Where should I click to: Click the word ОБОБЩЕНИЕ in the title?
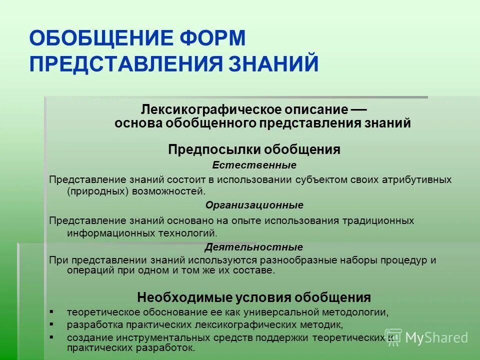(96, 38)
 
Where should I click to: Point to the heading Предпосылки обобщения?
(254, 149)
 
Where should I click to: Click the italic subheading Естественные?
(254, 165)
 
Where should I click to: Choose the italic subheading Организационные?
(254, 205)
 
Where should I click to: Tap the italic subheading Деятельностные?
(254, 247)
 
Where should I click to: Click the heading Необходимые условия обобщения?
(254, 297)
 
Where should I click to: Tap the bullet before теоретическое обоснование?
(52, 311)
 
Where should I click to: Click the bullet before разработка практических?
(52, 324)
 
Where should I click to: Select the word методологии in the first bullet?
(355, 312)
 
